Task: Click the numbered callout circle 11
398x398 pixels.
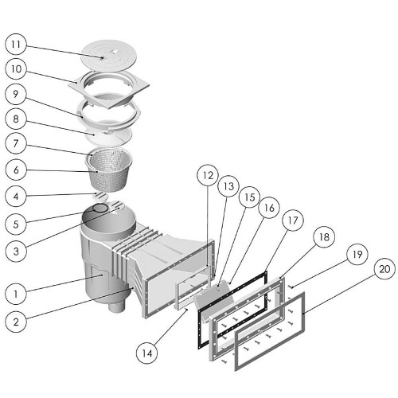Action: click(16, 45)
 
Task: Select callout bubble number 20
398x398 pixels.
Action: click(384, 270)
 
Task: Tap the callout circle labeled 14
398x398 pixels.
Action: click(146, 353)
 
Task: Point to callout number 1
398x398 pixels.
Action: click(16, 294)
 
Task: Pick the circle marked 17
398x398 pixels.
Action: click(293, 220)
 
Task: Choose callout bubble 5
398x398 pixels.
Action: click(16, 224)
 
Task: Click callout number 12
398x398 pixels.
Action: click(208, 175)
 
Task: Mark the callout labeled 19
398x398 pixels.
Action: click(357, 254)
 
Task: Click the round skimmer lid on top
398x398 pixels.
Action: click(109, 55)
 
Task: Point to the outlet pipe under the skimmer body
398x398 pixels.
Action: click(116, 307)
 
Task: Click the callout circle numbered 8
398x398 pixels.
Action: click(16, 119)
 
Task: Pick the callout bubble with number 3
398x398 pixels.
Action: click(16, 251)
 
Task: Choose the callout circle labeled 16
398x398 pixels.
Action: click(269, 208)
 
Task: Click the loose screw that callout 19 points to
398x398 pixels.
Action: click(291, 287)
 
